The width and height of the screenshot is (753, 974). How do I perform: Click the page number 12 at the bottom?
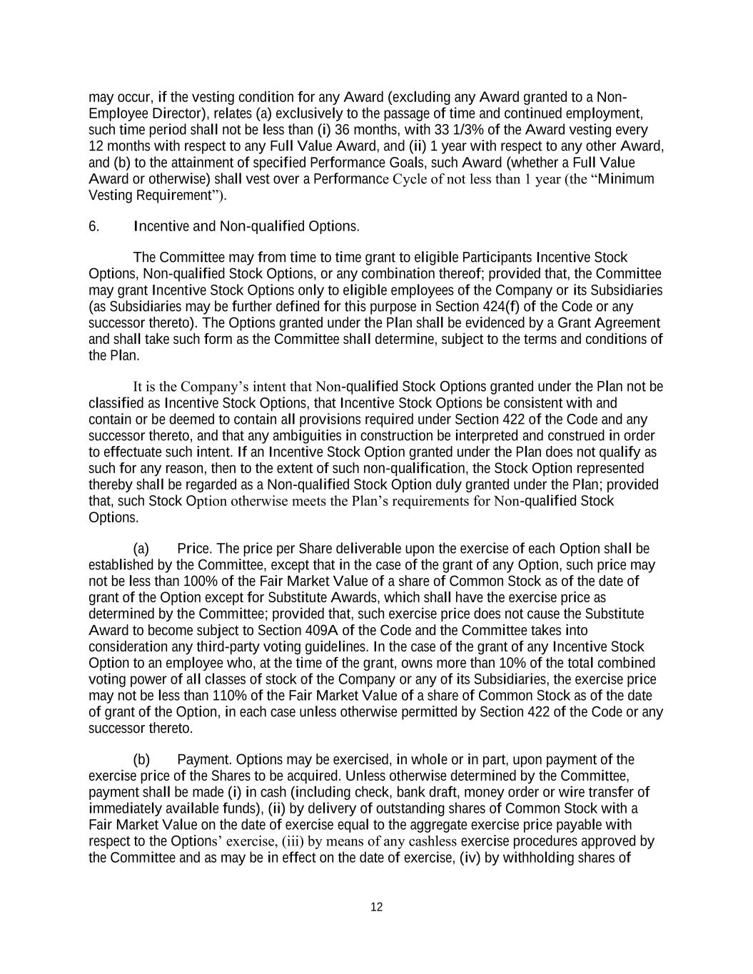tap(377, 907)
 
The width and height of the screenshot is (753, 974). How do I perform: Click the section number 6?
tap(94, 227)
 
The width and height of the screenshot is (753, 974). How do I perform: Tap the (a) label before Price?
tap(141, 549)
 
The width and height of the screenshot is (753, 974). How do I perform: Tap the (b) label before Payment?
tap(141, 759)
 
